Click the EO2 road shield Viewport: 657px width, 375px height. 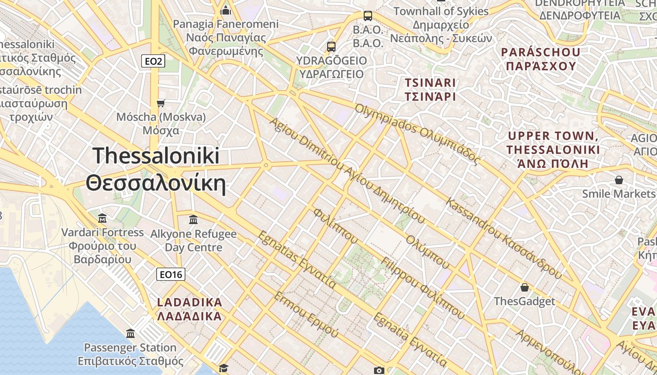point(153,61)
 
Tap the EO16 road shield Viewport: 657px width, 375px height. point(171,275)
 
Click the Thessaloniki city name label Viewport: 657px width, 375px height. point(156,169)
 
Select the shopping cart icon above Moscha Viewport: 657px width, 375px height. point(161,103)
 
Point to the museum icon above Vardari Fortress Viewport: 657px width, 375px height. point(102,218)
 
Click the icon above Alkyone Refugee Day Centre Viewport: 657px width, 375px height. point(193,219)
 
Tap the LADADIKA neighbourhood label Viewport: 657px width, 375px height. point(190,309)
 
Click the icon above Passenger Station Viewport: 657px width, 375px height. point(130,334)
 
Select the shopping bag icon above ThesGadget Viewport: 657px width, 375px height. point(525,287)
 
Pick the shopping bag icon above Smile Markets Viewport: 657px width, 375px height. point(619,180)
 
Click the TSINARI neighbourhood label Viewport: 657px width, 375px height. point(430,90)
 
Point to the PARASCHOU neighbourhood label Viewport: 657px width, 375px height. point(541,59)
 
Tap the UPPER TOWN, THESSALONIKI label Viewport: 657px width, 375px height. point(553,150)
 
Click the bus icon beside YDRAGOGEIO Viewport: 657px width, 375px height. point(331,46)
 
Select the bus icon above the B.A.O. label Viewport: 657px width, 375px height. point(368,16)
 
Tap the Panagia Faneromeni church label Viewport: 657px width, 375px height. point(226,37)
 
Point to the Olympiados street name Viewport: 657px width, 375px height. point(418,134)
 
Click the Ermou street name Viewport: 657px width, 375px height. point(306,315)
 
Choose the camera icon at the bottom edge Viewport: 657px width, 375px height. point(379,371)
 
